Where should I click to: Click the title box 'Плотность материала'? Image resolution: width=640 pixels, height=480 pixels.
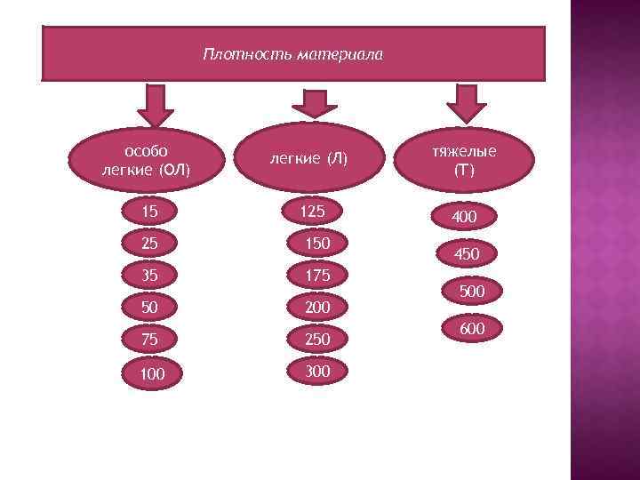(293, 54)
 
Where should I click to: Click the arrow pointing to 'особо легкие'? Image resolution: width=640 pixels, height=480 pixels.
(158, 105)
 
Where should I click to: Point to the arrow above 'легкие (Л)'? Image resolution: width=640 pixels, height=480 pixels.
(310, 104)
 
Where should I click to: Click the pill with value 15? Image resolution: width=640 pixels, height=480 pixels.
(152, 212)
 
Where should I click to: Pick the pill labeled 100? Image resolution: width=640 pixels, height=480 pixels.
(152, 373)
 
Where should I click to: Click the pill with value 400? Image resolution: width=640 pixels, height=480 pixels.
(464, 217)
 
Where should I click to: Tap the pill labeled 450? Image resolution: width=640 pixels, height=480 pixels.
(466, 254)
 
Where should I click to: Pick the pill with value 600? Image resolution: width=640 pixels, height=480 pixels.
(471, 329)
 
